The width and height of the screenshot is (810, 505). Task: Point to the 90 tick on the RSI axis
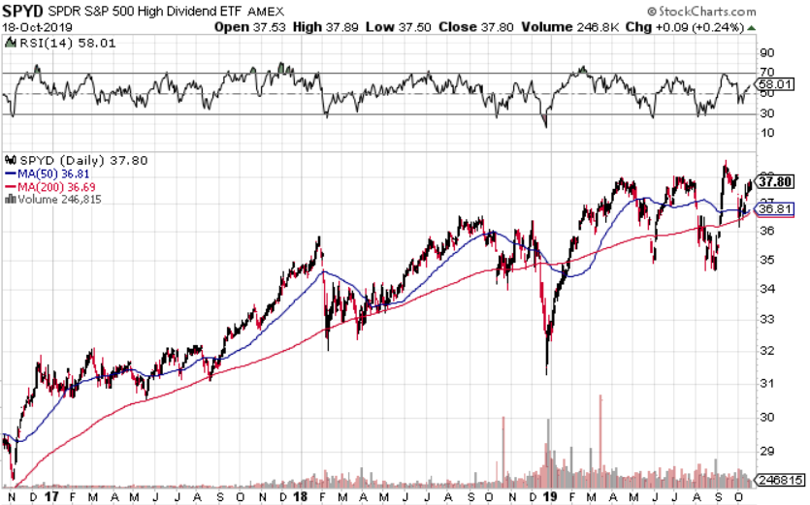(764, 52)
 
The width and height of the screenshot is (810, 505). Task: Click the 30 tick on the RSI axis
(764, 114)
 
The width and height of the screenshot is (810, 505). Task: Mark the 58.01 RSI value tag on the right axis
(777, 85)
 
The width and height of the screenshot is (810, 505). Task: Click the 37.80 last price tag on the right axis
(777, 181)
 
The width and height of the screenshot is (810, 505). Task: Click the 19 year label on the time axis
(550, 495)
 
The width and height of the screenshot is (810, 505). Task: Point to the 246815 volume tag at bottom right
(780, 480)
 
